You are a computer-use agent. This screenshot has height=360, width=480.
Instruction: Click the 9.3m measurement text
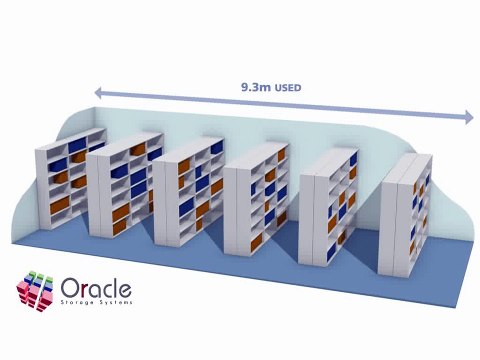(254, 88)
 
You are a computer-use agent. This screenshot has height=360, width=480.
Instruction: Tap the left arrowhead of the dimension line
(99, 91)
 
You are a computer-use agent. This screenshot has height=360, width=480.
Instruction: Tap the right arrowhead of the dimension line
(467, 117)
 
